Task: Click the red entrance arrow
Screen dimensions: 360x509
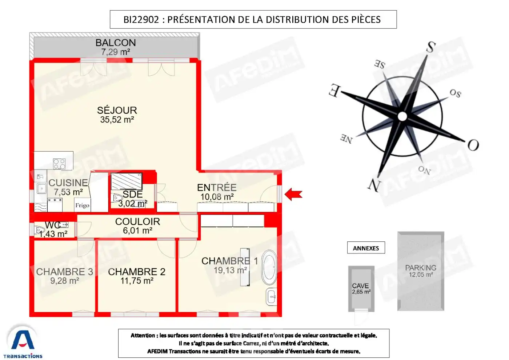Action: [293, 194]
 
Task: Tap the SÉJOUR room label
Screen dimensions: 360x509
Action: [117, 110]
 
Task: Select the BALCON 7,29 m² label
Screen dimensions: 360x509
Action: [116, 47]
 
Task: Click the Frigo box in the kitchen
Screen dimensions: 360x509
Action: [82, 205]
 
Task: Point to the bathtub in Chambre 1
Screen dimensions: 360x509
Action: [269, 267]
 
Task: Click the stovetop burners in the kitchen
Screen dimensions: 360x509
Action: [59, 164]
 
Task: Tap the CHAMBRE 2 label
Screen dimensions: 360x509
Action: [137, 272]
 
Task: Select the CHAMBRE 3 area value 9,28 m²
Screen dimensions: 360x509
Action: [65, 281]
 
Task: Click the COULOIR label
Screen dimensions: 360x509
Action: [137, 221]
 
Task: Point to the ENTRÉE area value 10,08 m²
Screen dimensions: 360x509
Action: [217, 197]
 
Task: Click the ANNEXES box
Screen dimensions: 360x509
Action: [366, 248]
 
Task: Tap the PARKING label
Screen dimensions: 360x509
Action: [421, 268]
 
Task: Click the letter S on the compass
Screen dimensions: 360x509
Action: [431, 47]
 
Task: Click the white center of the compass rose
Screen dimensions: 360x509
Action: [402, 116]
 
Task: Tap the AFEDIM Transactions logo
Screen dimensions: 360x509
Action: [23, 342]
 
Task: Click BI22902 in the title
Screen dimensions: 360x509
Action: [141, 20]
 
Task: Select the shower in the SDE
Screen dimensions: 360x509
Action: [126, 181]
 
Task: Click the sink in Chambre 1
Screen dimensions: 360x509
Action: [272, 297]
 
